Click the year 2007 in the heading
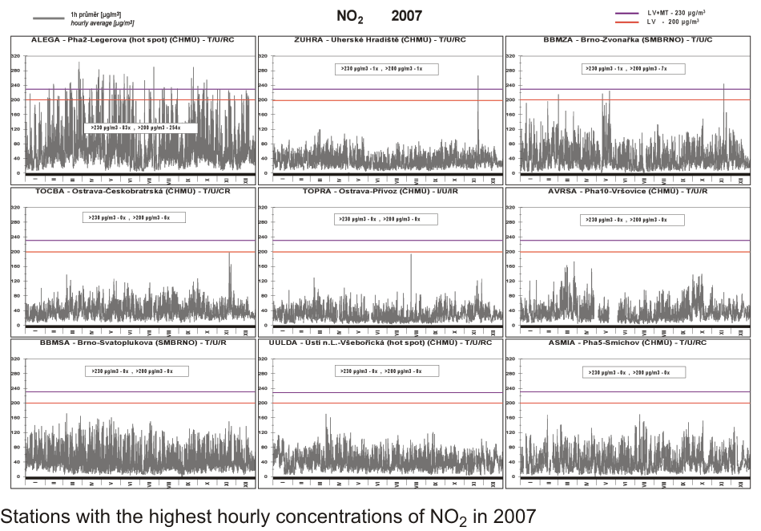pyautogui.click(x=406, y=15)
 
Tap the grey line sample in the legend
pyautogui.click(x=48, y=17)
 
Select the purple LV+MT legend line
pyautogui.click(x=626, y=13)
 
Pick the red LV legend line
pyautogui.click(x=626, y=22)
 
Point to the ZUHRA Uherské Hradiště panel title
pyautogui.click(x=380, y=39)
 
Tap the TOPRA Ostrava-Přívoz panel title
pyautogui.click(x=380, y=191)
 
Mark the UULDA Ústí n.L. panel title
pyautogui.click(x=380, y=342)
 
